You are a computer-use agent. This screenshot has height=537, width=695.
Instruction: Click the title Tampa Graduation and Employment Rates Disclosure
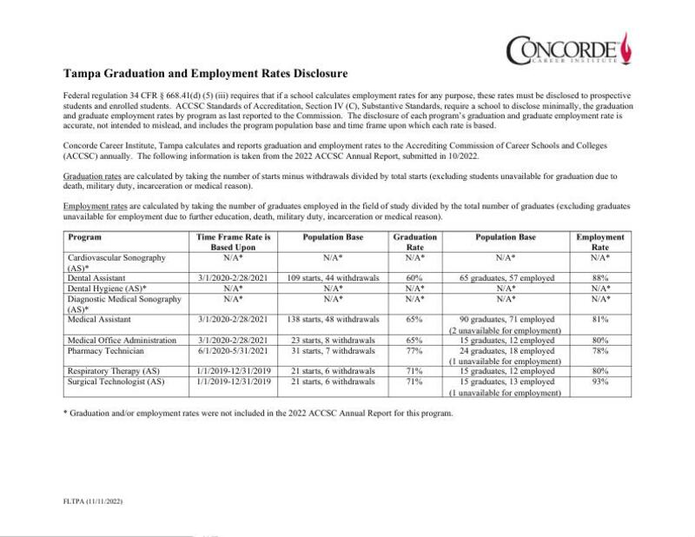(x=206, y=74)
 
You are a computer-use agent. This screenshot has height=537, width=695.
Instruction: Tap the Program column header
(x=85, y=237)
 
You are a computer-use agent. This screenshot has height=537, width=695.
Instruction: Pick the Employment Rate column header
(x=599, y=242)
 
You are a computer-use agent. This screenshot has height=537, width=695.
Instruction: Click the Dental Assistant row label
(x=96, y=278)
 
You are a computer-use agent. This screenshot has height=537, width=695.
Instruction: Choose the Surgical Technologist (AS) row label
(x=116, y=381)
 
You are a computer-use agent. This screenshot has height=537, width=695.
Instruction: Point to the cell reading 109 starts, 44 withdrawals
(x=331, y=278)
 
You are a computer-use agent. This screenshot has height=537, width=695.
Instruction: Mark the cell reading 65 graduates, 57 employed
(x=506, y=278)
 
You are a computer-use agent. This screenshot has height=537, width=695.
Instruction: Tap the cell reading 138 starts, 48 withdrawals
(x=331, y=320)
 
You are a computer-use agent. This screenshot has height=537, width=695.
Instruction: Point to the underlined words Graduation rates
(x=90, y=176)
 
